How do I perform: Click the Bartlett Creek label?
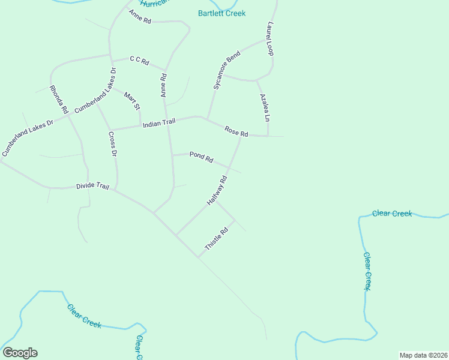point(221,13)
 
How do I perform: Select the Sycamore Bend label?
point(227,71)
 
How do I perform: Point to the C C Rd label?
point(139,60)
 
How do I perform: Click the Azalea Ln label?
point(265,107)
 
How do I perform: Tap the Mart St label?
point(131,101)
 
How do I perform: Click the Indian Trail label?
point(159,123)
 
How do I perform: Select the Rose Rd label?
point(236,131)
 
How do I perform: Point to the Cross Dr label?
point(112,144)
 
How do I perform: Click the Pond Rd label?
point(202,157)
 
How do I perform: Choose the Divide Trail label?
point(92,187)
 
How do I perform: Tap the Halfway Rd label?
point(217,191)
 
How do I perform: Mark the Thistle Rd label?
point(217,239)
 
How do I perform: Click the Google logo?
point(20,353)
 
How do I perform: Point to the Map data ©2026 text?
point(423,355)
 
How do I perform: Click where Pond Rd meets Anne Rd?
point(172,155)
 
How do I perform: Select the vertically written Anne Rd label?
point(163,86)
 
